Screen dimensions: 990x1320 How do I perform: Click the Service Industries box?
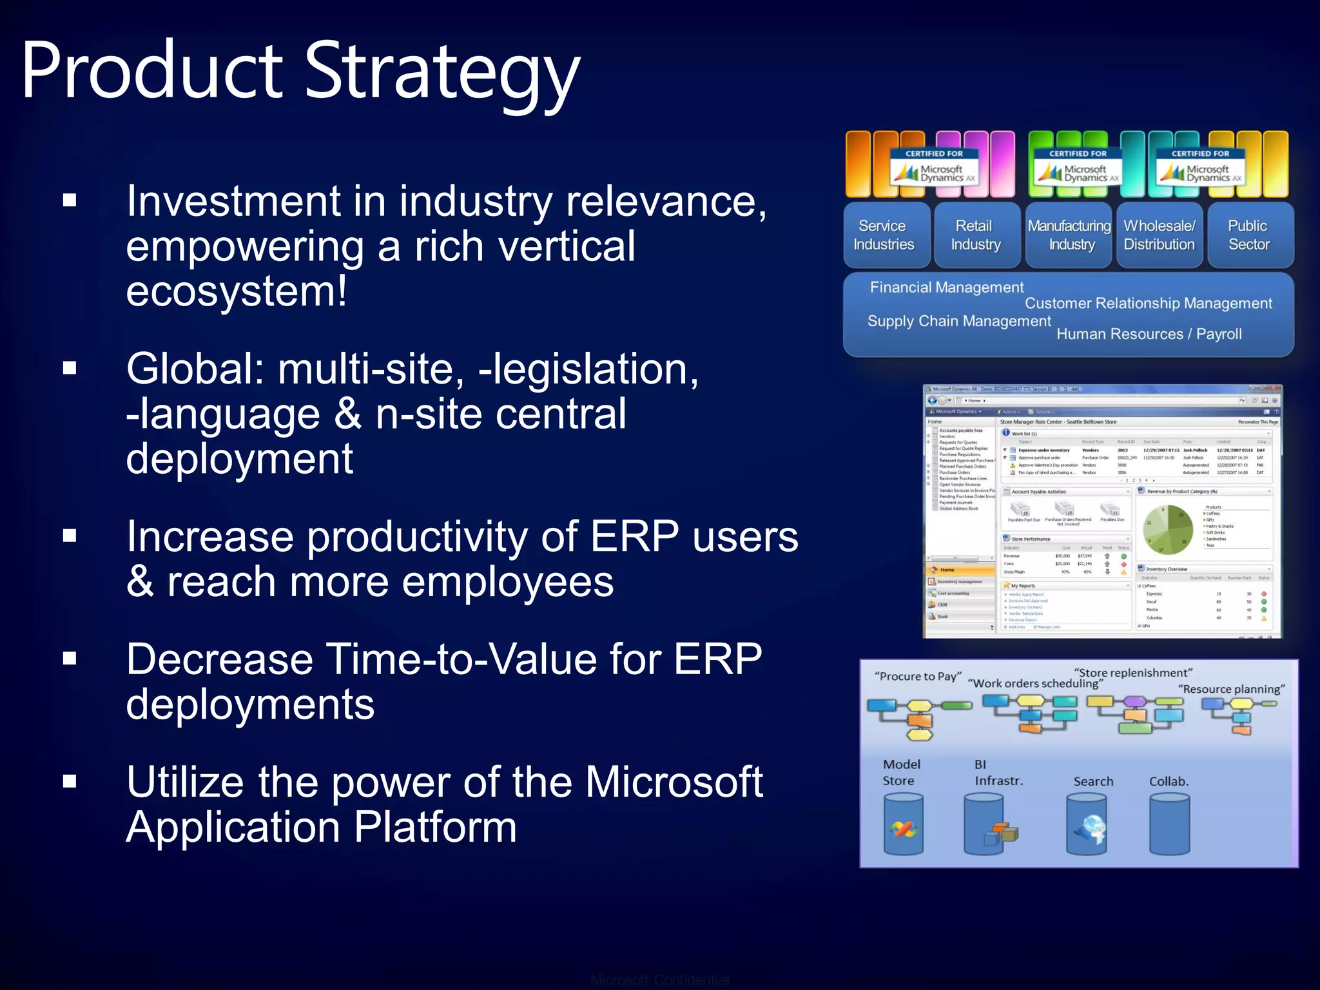coord(884,235)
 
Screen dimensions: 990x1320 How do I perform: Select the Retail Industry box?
coord(975,235)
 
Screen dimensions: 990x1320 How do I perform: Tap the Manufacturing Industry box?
coord(1069,235)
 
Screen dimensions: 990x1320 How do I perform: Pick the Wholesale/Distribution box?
coord(1159,235)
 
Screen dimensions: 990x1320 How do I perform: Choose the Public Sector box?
coord(1248,235)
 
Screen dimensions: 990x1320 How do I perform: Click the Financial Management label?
coord(946,287)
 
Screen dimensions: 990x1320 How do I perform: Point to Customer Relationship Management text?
coord(1148,304)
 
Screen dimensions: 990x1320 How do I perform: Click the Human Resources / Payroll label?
coord(1149,334)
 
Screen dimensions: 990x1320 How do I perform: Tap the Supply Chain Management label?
coord(959,321)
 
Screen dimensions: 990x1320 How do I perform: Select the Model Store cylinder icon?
coord(903,824)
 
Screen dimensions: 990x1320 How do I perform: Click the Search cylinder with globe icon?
coord(1087,824)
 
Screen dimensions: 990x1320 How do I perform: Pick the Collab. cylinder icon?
coord(1169,824)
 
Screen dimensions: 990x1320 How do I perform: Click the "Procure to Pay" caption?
coord(917,676)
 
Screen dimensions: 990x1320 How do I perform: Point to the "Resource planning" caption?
coord(1231,689)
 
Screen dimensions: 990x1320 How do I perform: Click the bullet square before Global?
coord(70,368)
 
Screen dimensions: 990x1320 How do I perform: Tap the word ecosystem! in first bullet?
coord(236,291)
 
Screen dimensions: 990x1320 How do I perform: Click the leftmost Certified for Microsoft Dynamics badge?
coord(933,168)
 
